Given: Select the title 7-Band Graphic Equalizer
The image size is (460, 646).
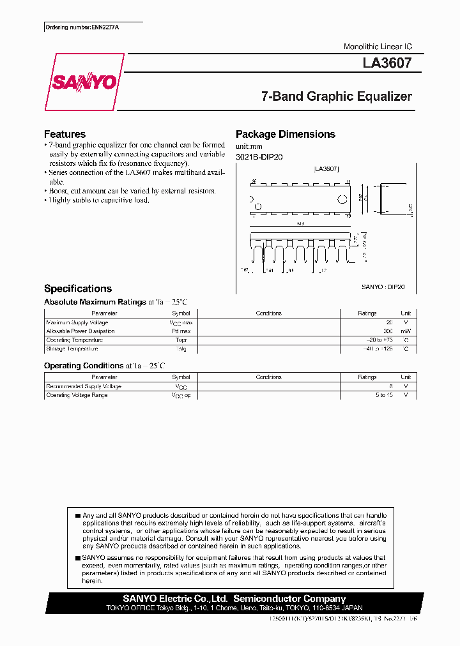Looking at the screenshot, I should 336,96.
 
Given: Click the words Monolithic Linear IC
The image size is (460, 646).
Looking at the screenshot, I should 378,47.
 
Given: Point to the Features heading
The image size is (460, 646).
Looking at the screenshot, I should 65,134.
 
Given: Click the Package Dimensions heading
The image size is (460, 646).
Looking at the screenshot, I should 285,134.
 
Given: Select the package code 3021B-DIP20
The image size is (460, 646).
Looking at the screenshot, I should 259,156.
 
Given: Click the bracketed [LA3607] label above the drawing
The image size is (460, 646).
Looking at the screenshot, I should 326,169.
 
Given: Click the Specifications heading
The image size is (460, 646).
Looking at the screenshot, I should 77,289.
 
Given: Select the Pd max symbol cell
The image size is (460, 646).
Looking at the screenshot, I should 181,331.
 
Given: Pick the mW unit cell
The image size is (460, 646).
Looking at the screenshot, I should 406,331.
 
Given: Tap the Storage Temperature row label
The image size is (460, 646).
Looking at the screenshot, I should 72,349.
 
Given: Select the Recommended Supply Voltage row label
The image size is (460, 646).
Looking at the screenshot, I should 83,387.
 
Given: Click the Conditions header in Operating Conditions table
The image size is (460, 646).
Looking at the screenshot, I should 268,377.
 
